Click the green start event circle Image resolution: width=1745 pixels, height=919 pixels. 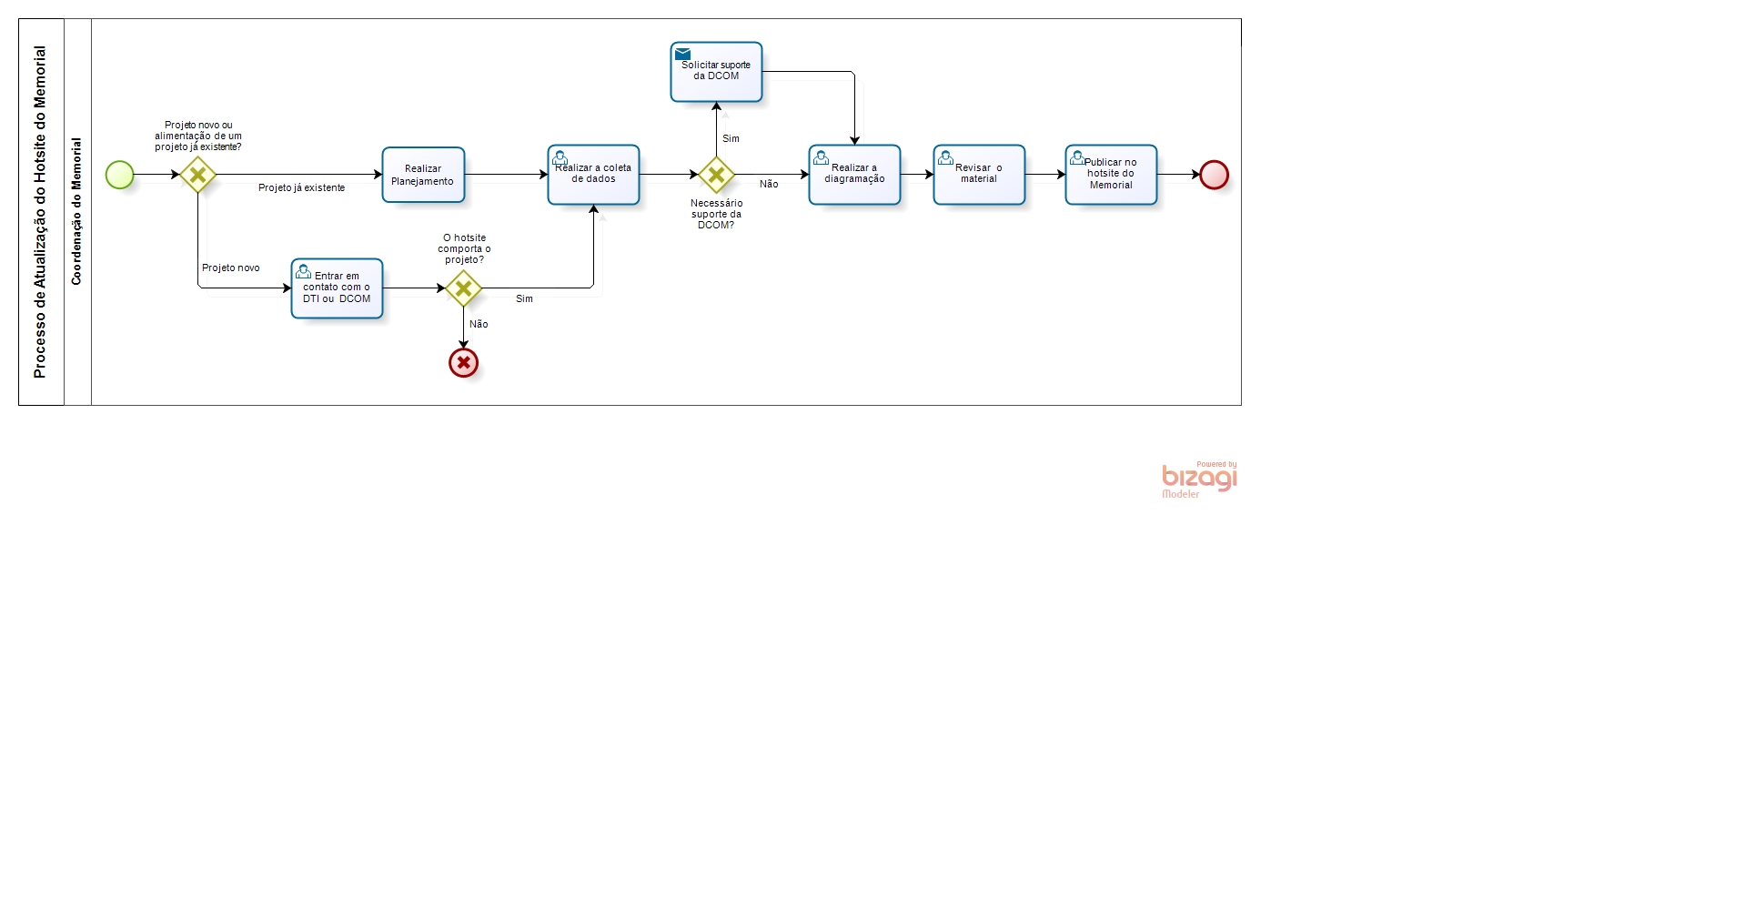pos(119,175)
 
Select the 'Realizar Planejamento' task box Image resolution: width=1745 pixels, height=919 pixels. pos(423,175)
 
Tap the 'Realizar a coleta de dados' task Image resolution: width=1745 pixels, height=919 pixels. pos(593,175)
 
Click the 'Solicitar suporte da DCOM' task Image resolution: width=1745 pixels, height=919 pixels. pos(716,72)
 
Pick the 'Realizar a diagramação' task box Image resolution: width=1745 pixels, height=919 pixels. pos(854,175)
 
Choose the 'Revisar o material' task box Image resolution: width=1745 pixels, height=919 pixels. pos(979,175)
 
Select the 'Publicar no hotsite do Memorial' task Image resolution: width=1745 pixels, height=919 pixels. pos(1111,175)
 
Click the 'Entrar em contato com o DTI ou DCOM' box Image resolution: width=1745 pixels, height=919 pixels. pos(337,288)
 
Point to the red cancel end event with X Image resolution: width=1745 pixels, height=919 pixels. pos(463,363)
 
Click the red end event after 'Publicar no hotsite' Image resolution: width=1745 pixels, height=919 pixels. pos(1214,175)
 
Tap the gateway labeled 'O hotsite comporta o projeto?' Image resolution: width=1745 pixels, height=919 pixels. pos(463,288)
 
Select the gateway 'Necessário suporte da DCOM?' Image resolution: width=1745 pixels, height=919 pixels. pos(716,175)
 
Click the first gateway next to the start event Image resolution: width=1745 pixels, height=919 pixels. pos(197,175)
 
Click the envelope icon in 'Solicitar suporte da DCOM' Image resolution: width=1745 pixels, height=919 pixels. pos(682,54)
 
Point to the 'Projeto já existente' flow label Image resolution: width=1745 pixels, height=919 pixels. pos(301,188)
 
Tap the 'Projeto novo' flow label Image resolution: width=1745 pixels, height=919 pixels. pos(230,268)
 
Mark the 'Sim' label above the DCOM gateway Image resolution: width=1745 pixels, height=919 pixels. pos(731,139)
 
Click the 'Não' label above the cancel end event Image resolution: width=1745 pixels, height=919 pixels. pos(479,325)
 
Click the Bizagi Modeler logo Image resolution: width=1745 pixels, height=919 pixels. pos(1199,480)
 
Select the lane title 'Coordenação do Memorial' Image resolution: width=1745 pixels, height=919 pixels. pos(76,211)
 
